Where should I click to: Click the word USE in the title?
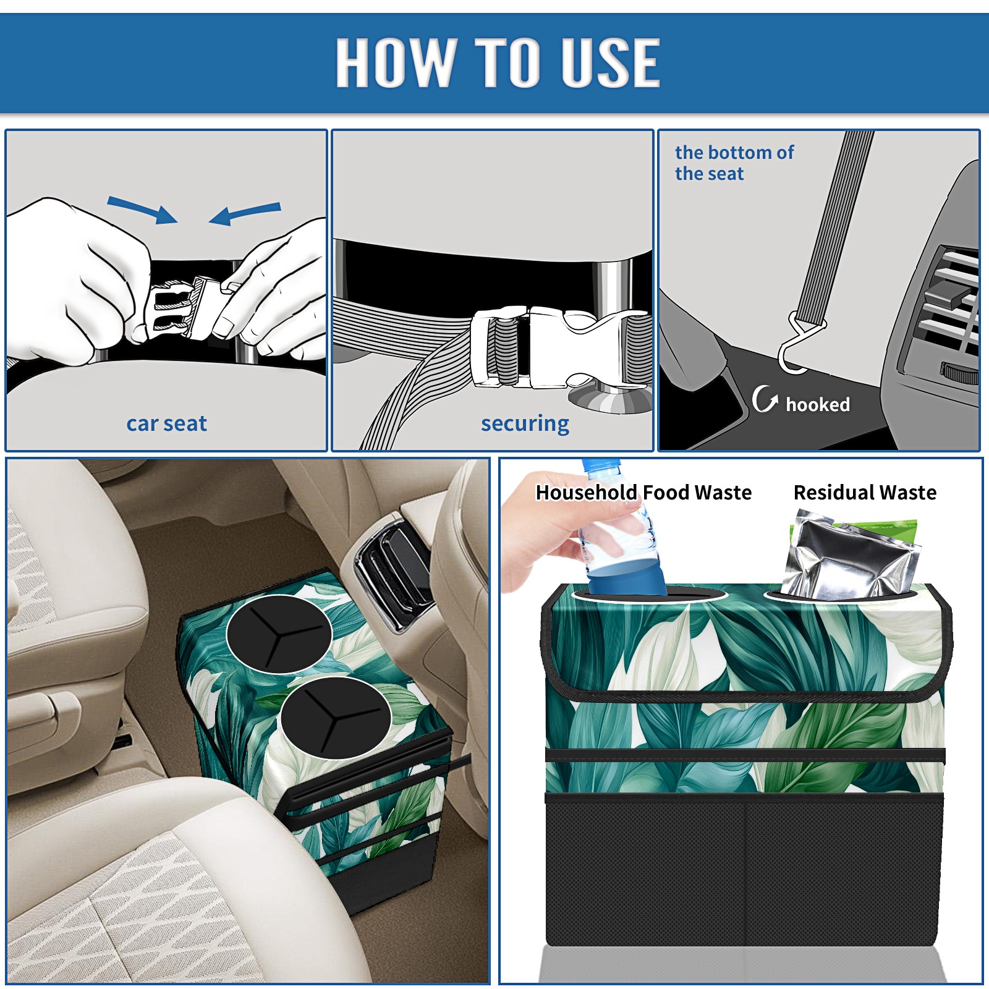tap(609, 62)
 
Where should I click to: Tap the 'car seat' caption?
tap(166, 423)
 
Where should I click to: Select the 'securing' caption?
tap(525, 424)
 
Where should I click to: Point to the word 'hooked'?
tap(818, 404)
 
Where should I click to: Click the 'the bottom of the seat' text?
tap(734, 163)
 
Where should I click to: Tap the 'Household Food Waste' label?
tap(643, 492)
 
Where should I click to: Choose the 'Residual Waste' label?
tap(865, 492)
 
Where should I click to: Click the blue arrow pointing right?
tap(143, 209)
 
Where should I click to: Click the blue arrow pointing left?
tap(245, 213)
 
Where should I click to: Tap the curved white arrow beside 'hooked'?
tap(765, 399)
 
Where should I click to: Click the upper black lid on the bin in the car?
tap(279, 633)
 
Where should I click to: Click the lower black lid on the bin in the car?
tap(336, 718)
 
